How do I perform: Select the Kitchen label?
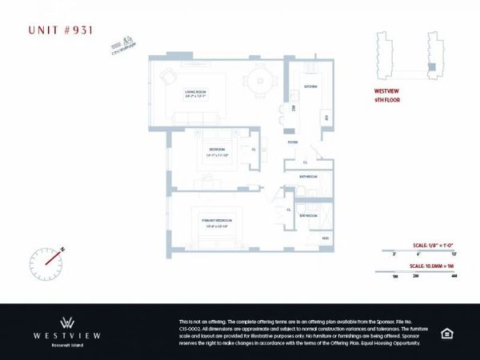tap(310, 86)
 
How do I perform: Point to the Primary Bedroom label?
tap(215, 222)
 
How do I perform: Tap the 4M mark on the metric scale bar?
tap(454, 276)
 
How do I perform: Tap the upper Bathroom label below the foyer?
tap(308, 176)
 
